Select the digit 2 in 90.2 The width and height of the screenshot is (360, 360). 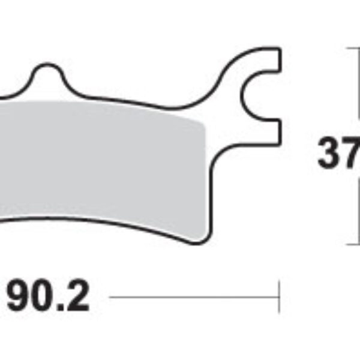click(x=77, y=297)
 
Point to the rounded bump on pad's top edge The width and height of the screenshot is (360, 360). click(x=49, y=72)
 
